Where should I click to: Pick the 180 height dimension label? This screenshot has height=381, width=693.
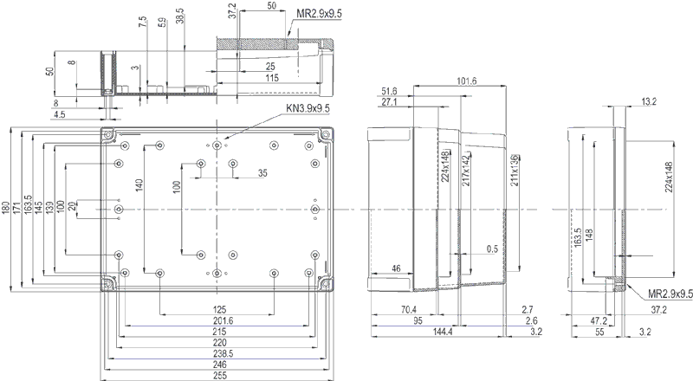6,208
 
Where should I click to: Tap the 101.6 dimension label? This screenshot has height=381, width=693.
465,81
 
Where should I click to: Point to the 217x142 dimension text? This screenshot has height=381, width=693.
465,174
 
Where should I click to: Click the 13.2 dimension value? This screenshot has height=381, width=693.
648,102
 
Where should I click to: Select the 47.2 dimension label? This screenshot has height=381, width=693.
598,321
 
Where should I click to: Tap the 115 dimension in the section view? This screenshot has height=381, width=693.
271,78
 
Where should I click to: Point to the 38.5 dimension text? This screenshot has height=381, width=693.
179,16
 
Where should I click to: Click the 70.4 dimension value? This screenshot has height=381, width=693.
408,310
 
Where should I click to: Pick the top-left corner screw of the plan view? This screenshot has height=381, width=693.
108,135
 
